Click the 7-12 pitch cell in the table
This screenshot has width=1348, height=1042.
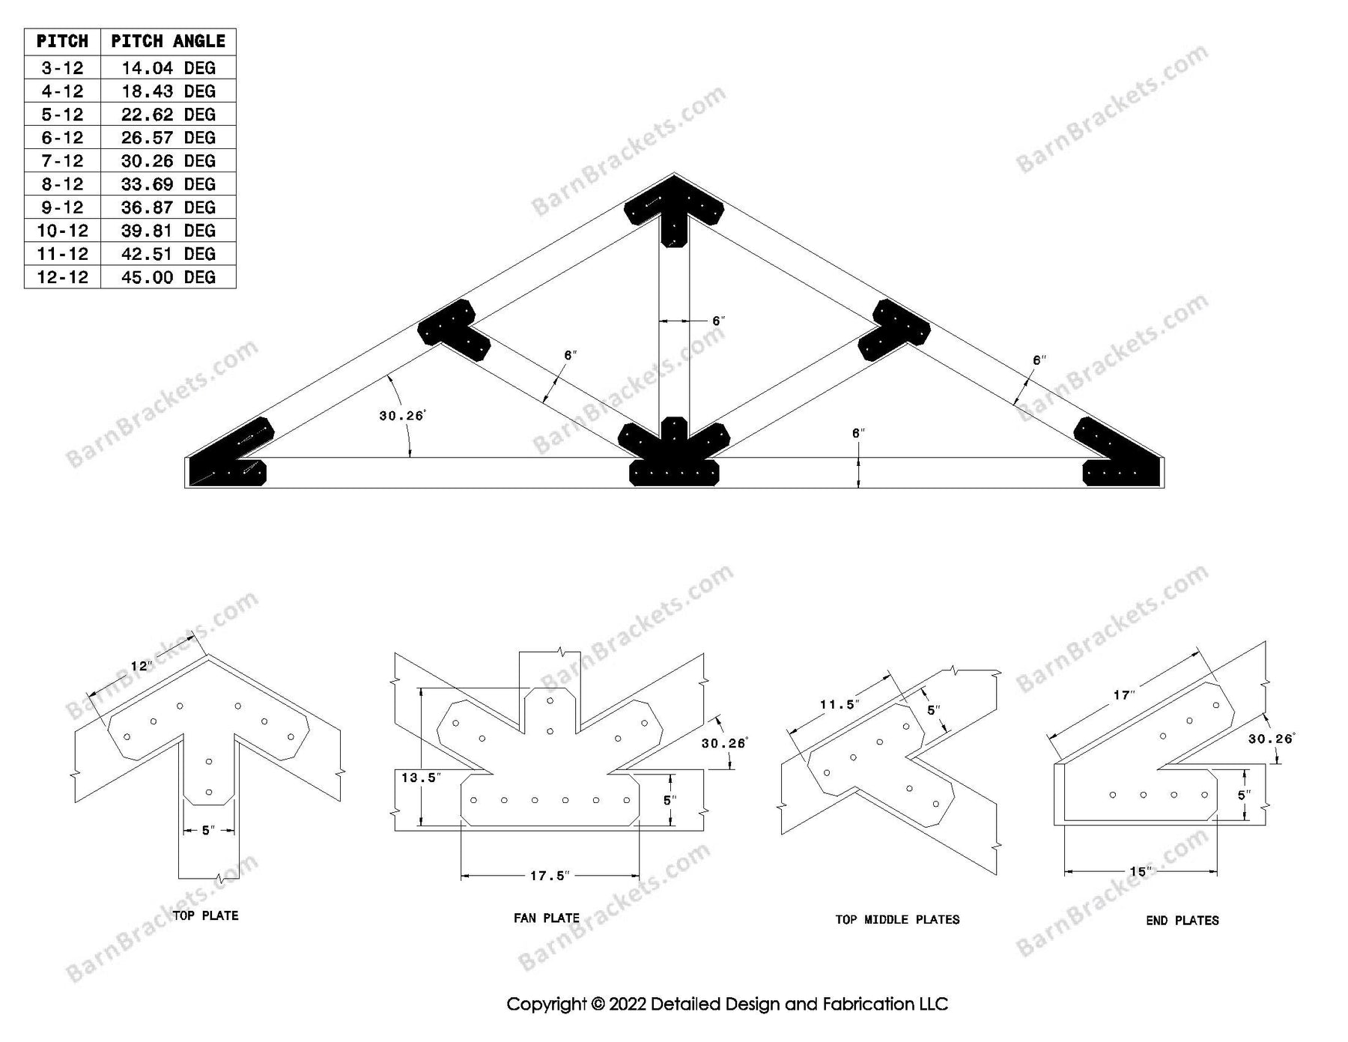(62, 161)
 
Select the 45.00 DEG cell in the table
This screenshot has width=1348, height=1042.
(168, 277)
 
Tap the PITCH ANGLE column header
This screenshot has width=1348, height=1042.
(168, 41)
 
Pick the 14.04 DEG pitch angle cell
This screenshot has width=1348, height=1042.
(168, 68)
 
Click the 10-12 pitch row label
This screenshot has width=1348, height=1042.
(62, 231)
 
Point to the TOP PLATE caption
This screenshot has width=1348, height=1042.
(205, 915)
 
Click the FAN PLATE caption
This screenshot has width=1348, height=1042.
(547, 918)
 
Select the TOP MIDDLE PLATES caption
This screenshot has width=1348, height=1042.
(897, 919)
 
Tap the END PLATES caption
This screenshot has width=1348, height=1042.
(1182, 920)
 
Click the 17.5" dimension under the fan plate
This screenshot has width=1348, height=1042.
(550, 875)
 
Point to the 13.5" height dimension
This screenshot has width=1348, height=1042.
(419, 778)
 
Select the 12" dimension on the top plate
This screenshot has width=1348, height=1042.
(141, 666)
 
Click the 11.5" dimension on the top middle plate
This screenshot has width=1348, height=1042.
(839, 704)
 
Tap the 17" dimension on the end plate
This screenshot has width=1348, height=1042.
(1123, 695)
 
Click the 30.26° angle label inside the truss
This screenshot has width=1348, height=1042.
(402, 416)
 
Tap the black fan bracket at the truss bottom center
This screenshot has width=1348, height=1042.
(674, 457)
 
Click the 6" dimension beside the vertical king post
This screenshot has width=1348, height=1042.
(718, 321)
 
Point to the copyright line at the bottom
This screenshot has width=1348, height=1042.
(727, 1004)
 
